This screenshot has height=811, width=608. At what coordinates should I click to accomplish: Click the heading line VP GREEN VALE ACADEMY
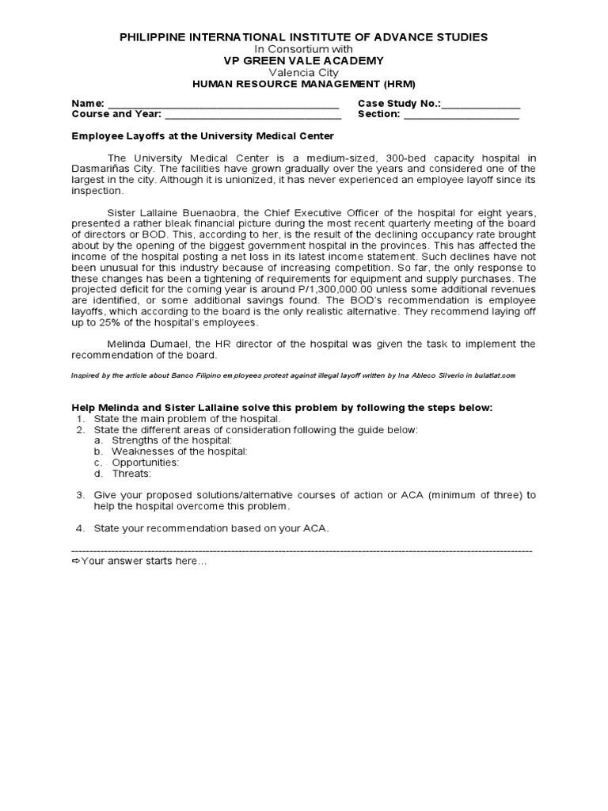click(304, 61)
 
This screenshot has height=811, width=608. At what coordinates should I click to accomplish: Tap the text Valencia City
click(304, 72)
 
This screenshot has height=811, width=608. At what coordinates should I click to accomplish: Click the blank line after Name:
click(223, 104)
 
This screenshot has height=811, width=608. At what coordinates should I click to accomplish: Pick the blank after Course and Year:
click(252, 115)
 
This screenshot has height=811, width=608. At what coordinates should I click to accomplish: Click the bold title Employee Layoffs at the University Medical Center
click(203, 136)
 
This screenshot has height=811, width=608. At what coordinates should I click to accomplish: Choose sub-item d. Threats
click(131, 474)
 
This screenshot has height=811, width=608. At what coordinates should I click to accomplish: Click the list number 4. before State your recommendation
click(80, 528)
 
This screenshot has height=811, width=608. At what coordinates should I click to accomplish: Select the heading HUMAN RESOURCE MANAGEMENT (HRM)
click(304, 84)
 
